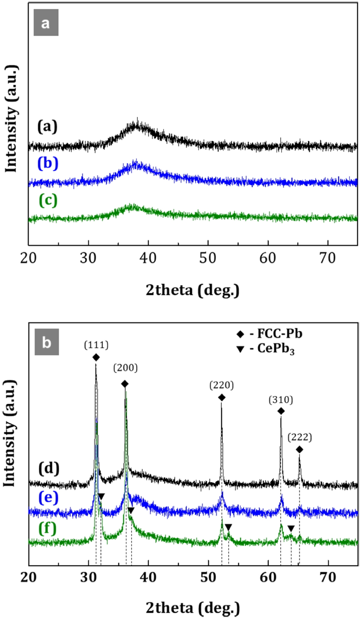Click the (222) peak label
pos(299,437)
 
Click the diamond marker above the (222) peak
pos(299,449)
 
